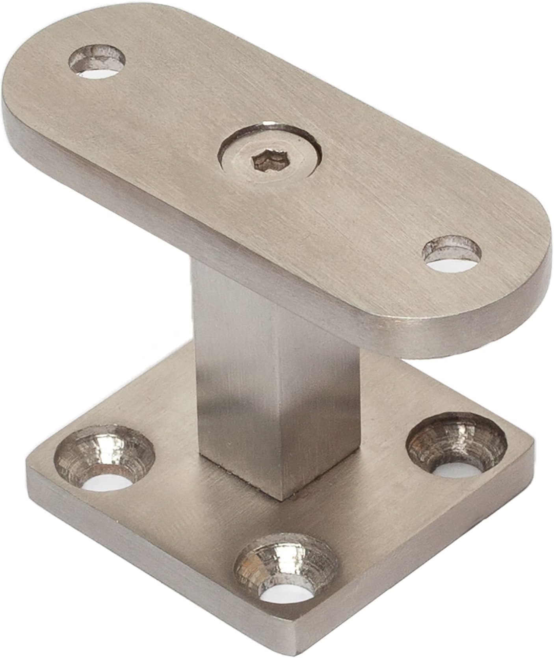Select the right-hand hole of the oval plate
(452, 254)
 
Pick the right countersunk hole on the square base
(457, 445)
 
